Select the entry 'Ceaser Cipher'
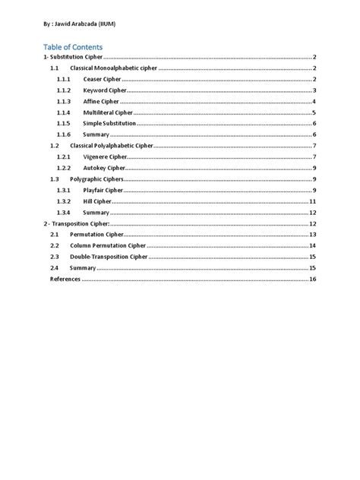click(102, 80)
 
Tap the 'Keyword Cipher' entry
click(104, 90)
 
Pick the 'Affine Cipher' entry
click(101, 102)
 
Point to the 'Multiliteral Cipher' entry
click(109, 112)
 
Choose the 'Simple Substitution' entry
click(109, 123)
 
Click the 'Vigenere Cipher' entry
click(106, 156)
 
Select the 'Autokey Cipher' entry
click(105, 168)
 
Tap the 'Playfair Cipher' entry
click(103, 190)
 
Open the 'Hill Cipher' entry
click(97, 201)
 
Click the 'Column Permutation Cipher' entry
click(108, 246)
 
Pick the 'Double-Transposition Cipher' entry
click(109, 257)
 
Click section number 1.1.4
click(63, 112)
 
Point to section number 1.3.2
click(63, 201)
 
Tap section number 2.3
click(54, 257)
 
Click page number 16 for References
click(313, 279)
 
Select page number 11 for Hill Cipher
click(313, 201)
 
